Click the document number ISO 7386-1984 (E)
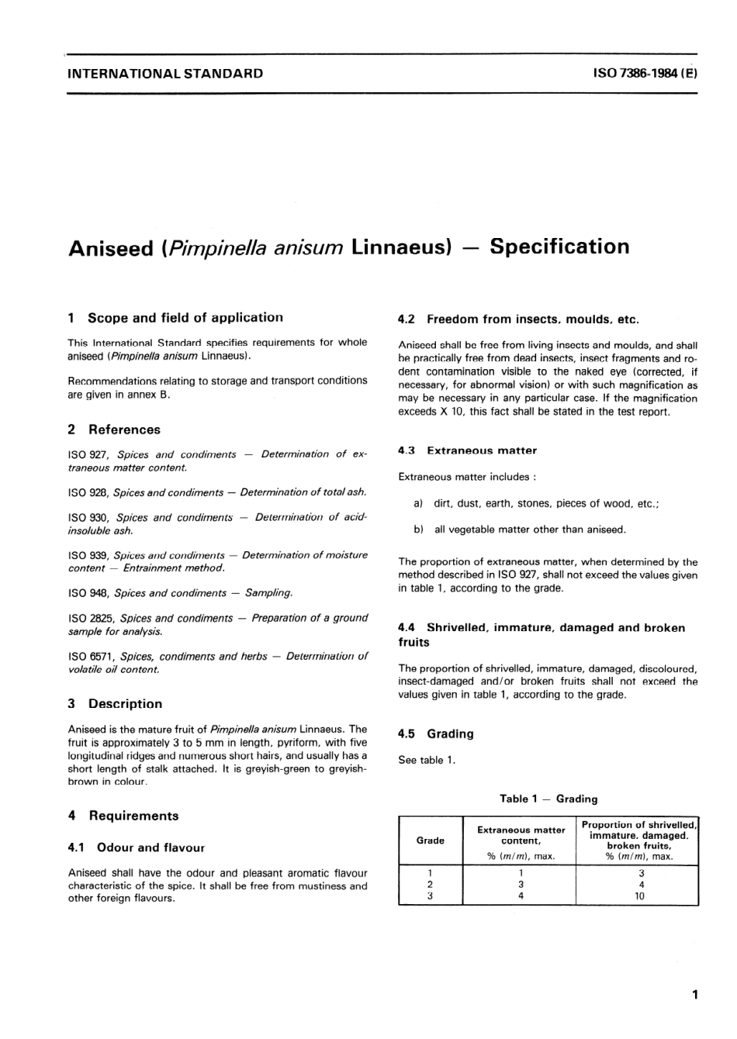645,74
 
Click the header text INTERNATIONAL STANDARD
165,74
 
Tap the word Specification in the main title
559,247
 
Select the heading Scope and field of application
185,317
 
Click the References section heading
124,430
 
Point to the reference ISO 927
87,454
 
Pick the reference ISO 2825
91,619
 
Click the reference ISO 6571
91,657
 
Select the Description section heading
125,704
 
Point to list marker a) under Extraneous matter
418,504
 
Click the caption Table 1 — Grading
548,799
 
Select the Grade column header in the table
431,841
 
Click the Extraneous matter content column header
521,835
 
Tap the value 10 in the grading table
639,896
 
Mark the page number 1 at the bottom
694,995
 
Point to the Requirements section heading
133,816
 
